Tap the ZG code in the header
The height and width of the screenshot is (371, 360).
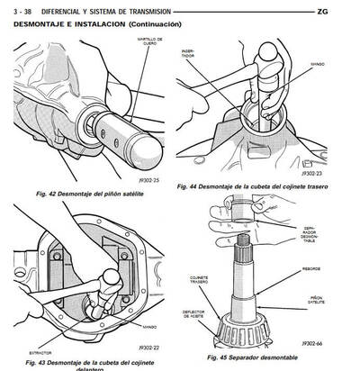[346, 11]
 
